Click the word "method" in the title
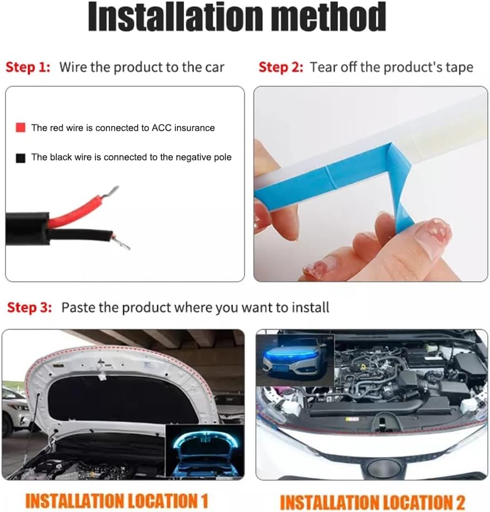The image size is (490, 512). (x=329, y=17)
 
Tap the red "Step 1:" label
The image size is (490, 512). (x=28, y=67)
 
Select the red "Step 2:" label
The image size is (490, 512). (x=281, y=67)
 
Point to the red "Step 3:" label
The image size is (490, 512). (x=29, y=308)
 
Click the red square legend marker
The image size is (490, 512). (x=20, y=128)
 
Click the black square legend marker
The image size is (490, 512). (x=20, y=158)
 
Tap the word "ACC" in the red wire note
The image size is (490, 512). (x=161, y=128)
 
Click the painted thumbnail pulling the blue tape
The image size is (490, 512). (x=433, y=232)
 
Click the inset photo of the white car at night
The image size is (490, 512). (x=295, y=360)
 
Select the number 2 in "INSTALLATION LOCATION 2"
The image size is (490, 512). (x=460, y=502)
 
